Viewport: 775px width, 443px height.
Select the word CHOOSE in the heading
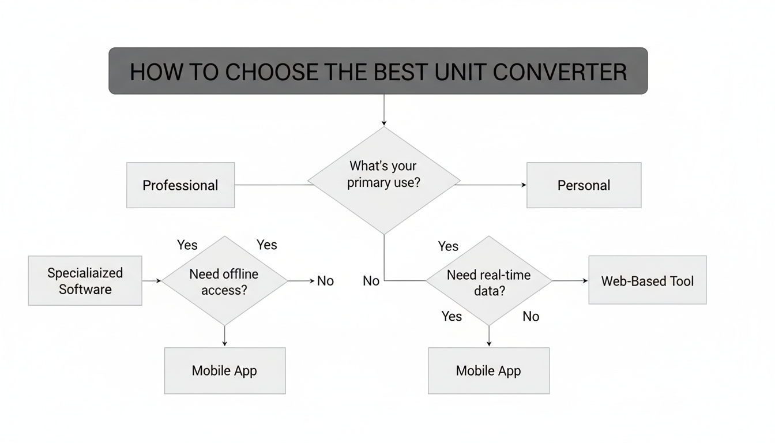(x=270, y=72)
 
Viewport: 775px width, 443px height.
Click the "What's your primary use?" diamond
(x=383, y=181)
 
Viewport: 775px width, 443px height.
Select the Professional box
(x=180, y=185)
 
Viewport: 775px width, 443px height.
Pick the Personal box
(x=584, y=185)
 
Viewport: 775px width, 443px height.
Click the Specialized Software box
(x=85, y=281)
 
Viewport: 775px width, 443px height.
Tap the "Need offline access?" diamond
(x=224, y=281)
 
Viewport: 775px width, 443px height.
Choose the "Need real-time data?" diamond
(x=489, y=281)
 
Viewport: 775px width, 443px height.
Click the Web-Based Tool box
(x=647, y=281)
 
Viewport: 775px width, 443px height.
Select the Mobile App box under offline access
(x=224, y=370)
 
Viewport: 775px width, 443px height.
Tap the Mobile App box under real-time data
(x=488, y=370)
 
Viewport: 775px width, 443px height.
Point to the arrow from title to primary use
(x=383, y=110)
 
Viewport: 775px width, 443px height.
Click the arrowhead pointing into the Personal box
(x=523, y=185)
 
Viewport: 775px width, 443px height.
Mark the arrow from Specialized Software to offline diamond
(x=152, y=281)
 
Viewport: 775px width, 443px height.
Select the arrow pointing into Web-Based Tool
(x=571, y=281)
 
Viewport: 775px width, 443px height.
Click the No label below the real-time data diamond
(x=531, y=316)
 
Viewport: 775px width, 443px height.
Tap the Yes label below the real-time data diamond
(x=452, y=316)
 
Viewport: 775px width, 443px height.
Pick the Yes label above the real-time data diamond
(x=448, y=246)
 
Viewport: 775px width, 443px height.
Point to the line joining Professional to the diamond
(x=271, y=185)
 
